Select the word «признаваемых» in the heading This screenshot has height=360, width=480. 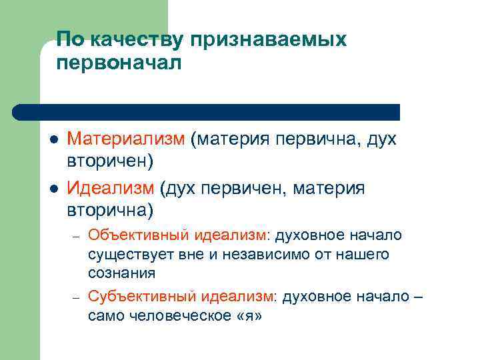[269, 41]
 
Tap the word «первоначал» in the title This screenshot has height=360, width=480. [118, 65]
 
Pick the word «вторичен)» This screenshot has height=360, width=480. [110, 163]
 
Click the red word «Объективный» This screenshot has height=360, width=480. [141, 235]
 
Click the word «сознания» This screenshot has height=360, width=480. [121, 273]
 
